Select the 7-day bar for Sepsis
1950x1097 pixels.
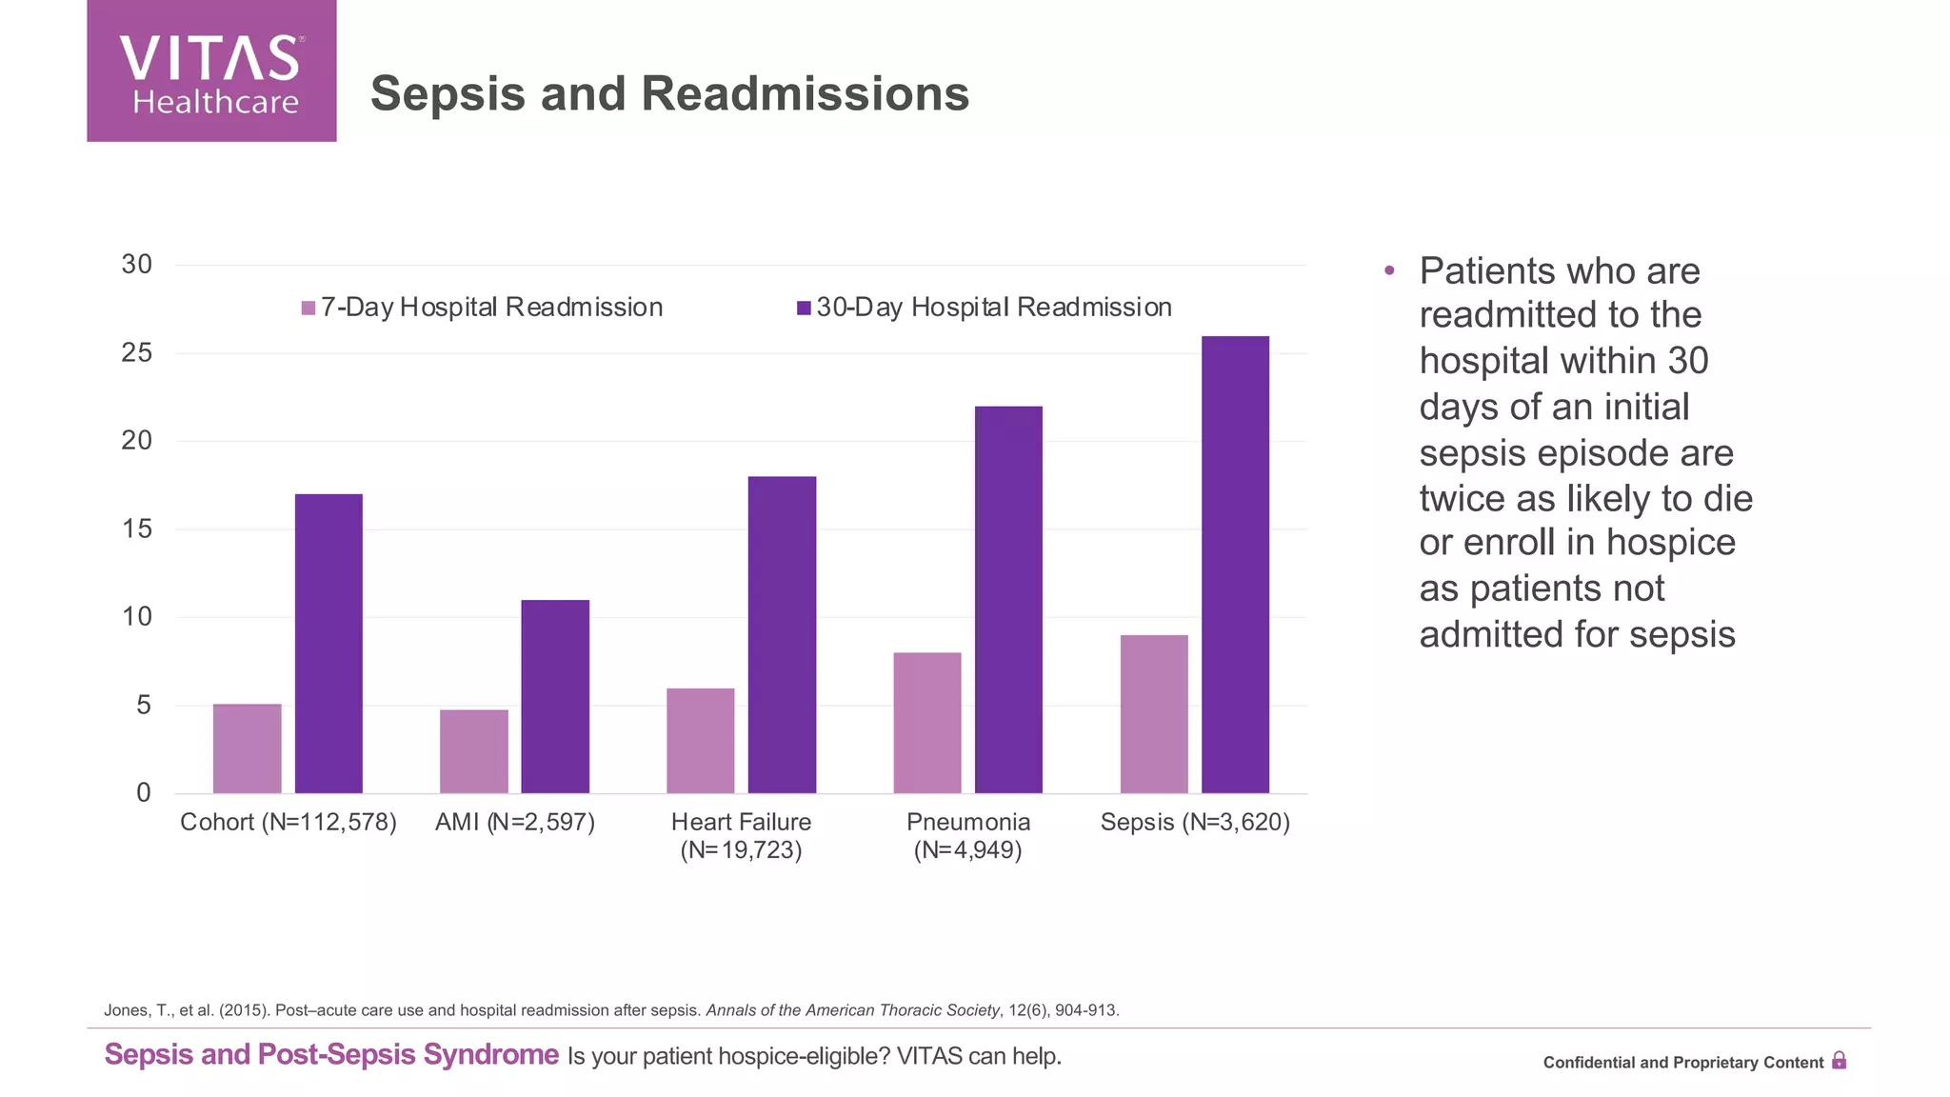[x=1154, y=714]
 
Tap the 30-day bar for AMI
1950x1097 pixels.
[x=555, y=696]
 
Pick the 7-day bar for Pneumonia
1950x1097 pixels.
[x=926, y=723]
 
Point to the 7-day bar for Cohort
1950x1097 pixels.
[x=247, y=748]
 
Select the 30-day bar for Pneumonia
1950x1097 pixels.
[x=1008, y=600]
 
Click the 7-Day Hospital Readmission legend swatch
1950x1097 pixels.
[x=308, y=308]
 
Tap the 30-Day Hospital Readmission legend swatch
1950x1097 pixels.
[x=804, y=308]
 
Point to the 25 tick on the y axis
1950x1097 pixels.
[x=137, y=353]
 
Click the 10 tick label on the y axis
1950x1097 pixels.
[x=137, y=617]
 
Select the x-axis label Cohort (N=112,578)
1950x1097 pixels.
[x=289, y=822]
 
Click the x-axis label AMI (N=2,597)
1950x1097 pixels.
[x=515, y=822]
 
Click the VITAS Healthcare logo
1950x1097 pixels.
[x=211, y=71]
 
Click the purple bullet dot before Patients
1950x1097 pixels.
[x=1389, y=271]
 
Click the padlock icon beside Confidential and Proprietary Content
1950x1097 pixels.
[x=1839, y=1061]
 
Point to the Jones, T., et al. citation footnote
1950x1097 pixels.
[x=610, y=1010]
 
